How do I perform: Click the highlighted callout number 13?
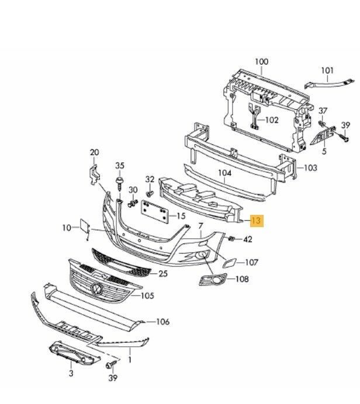click(257, 221)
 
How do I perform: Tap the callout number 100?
click(261, 62)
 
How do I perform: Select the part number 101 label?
click(327, 70)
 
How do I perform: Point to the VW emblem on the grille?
click(97, 288)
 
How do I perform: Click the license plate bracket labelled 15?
click(155, 211)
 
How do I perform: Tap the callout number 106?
click(163, 322)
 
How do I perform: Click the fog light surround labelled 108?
click(213, 279)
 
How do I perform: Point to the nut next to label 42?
click(231, 239)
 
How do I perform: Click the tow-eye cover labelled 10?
click(85, 227)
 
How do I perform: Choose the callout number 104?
click(224, 173)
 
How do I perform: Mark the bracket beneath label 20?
click(95, 174)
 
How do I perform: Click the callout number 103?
click(310, 168)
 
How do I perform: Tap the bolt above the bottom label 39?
click(111, 365)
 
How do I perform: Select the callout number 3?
click(71, 373)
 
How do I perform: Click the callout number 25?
click(163, 273)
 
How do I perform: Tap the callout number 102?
click(272, 120)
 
